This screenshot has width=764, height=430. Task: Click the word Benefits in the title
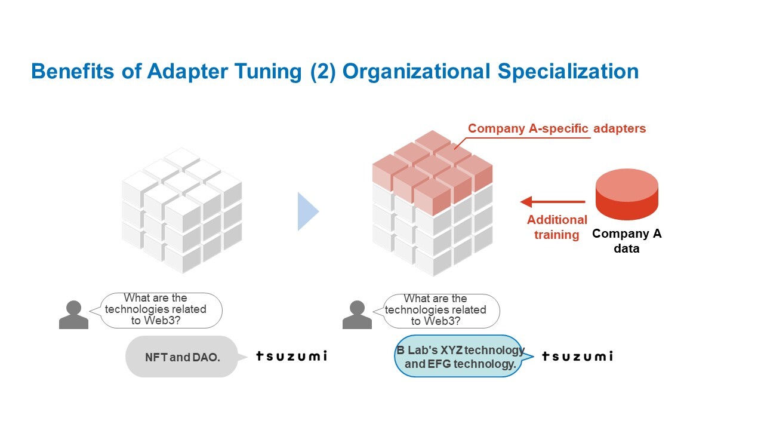pos(73,71)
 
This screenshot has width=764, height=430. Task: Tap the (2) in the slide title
pos(323,72)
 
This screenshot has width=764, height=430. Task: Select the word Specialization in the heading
pos(568,72)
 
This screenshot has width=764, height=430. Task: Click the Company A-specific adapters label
pos(557,128)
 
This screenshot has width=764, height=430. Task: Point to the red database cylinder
pos(627,194)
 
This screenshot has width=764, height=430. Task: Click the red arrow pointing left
pos(553,202)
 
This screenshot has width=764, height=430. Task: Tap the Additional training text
pos(557,228)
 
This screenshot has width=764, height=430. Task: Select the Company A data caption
pos(627,241)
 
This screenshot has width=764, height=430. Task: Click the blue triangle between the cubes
pos(308,211)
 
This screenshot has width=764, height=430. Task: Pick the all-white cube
pos(182,210)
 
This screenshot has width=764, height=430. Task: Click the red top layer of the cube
pos(433,171)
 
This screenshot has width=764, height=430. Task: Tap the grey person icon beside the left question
pos(73,315)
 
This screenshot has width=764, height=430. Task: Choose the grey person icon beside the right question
pos(357,315)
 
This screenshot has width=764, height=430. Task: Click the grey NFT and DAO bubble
pos(182,357)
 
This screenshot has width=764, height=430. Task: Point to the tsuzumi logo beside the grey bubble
pos(292,356)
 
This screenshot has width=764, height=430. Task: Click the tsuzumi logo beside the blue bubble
pos(577,357)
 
